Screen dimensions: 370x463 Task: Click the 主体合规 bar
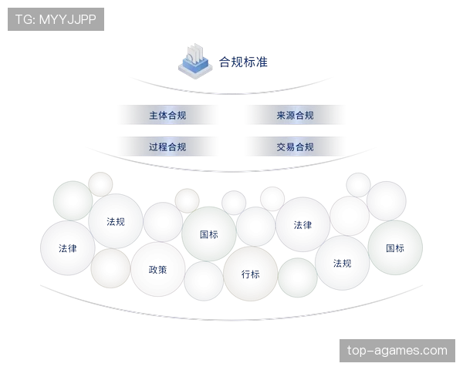click(167, 116)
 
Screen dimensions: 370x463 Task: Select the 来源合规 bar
click(295, 116)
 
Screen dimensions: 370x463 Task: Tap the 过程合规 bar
click(167, 146)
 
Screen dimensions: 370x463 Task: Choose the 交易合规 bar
click(295, 146)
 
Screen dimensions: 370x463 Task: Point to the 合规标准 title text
click(243, 61)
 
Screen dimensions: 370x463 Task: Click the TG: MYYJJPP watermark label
click(56, 19)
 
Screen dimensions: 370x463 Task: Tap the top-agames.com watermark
click(397, 351)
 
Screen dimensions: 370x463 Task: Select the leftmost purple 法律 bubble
click(68, 248)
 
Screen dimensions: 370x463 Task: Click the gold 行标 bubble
click(250, 274)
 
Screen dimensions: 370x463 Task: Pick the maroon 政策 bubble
click(157, 269)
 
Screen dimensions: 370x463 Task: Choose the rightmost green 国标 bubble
click(395, 247)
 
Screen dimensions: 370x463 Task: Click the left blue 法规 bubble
click(116, 221)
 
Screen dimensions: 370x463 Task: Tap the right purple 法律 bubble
click(302, 225)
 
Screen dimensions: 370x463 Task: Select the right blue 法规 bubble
click(342, 263)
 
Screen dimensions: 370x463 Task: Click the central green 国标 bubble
click(209, 234)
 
